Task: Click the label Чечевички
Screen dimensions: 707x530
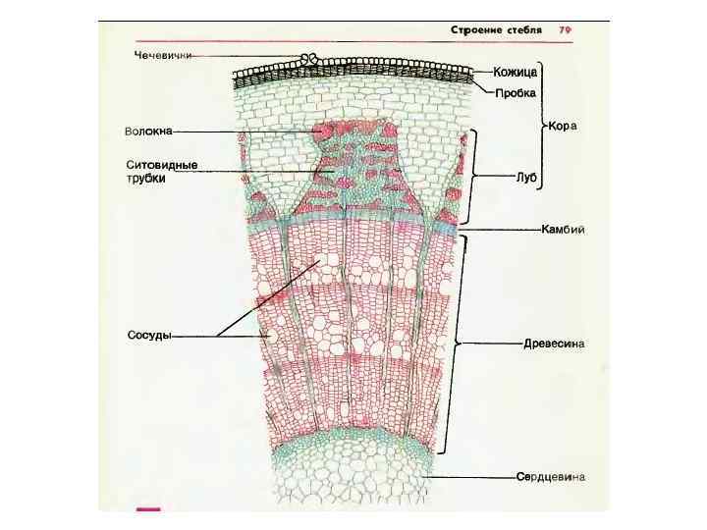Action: tap(163, 55)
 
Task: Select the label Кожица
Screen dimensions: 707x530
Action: tap(516, 72)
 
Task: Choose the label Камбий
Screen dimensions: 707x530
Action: tap(564, 230)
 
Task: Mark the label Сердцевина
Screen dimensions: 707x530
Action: tap(552, 477)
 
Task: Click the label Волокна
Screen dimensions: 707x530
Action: tap(148, 131)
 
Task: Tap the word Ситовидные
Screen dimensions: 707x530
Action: tap(162, 164)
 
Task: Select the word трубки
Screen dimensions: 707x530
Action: tap(145, 179)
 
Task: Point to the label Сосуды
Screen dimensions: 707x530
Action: tap(149, 336)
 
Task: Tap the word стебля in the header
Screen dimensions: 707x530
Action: tap(525, 30)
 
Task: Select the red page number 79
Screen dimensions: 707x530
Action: tap(567, 30)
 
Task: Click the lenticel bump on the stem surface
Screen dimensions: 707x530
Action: tap(311, 59)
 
